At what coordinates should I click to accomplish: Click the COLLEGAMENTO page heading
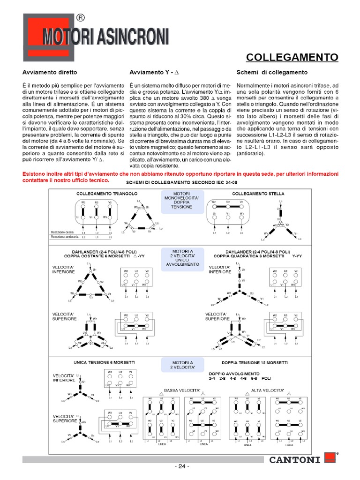point(292,57)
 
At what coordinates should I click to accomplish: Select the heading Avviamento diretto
point(50,73)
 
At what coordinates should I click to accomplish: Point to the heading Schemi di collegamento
point(272,73)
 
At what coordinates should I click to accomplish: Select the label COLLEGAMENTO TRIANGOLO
point(100,193)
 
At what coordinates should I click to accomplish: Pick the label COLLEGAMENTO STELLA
point(258,193)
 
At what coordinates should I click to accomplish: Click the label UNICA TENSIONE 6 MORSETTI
point(104,362)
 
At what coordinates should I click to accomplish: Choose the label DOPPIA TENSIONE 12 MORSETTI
point(255,362)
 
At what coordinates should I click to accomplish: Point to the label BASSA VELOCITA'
point(182,390)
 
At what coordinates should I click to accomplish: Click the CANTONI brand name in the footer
point(295,460)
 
